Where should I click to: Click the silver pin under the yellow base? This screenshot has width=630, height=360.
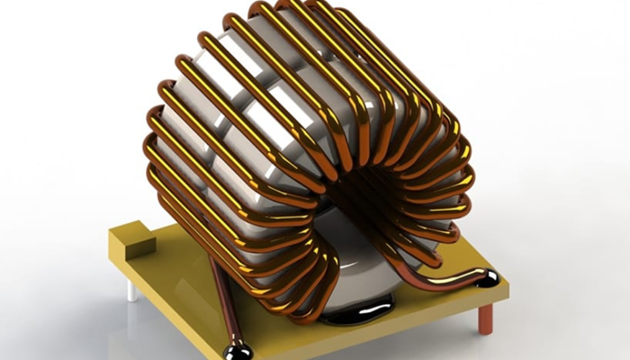pyautogui.click(x=131, y=290)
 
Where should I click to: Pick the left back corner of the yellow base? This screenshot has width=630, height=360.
pyautogui.click(x=112, y=236)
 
